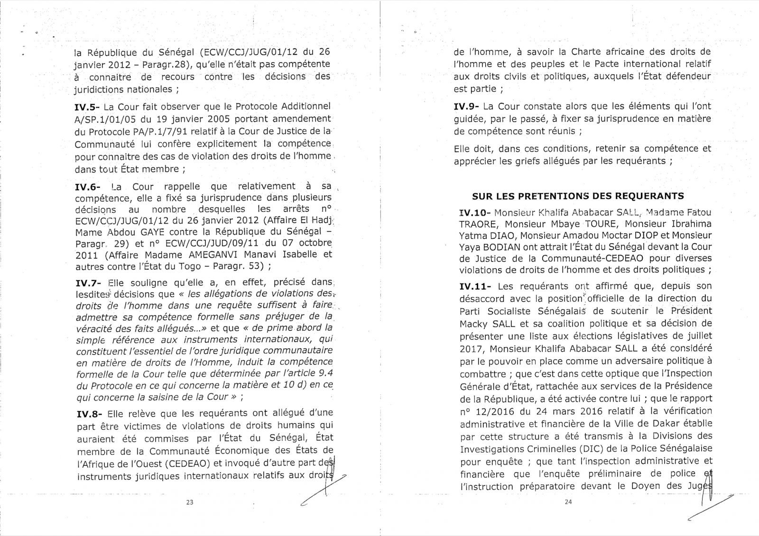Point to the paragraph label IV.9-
point(466,107)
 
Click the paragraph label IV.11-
point(469,286)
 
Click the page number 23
point(191,503)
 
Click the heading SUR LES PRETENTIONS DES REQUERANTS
point(578,196)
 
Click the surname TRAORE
point(477,224)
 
